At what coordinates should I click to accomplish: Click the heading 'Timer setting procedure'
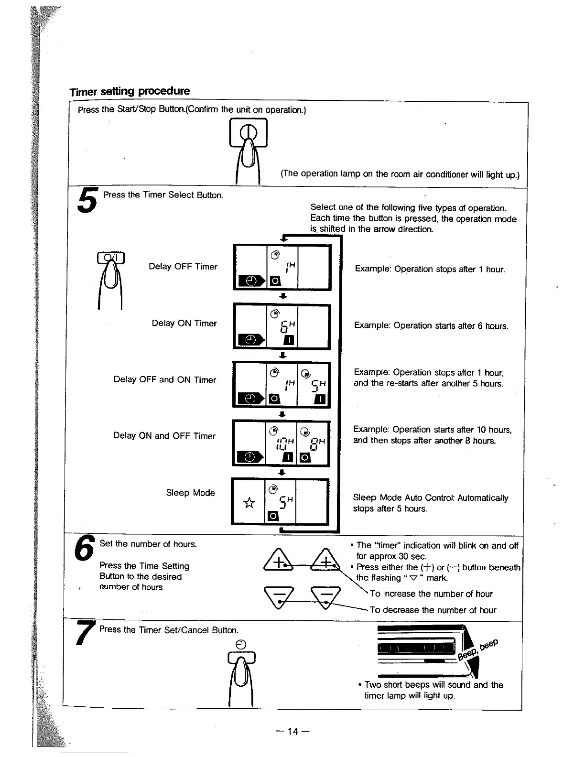(130, 91)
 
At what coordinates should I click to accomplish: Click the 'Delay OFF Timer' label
(183, 267)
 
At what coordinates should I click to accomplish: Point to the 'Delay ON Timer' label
(184, 324)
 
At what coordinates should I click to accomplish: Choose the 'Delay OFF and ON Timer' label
(165, 380)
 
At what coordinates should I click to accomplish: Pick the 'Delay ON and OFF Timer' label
(164, 436)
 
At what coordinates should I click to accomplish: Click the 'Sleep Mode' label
(190, 493)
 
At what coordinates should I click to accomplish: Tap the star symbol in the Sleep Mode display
(249, 502)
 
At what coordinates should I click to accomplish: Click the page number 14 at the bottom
(293, 732)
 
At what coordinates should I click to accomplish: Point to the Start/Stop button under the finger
(248, 133)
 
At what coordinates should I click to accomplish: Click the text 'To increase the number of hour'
(431, 594)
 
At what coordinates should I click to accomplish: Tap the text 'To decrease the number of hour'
(433, 610)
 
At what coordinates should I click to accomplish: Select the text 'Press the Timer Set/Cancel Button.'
(169, 630)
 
